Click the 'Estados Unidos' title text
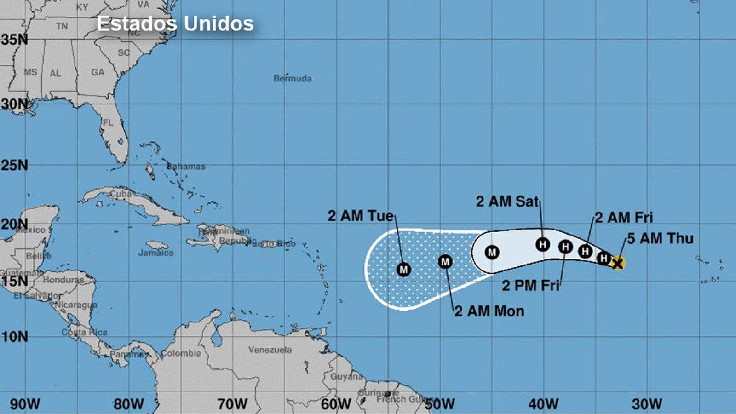[175, 24]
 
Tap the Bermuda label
[293, 79]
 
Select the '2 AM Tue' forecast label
[361, 216]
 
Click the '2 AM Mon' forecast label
[489, 311]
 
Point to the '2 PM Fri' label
[530, 286]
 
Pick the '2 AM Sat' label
[507, 201]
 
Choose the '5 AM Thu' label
[660, 238]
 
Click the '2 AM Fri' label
[624, 217]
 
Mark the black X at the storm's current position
[618, 263]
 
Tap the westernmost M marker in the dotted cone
[403, 270]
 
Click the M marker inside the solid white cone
[492, 252]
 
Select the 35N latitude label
[14, 40]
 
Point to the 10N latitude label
[14, 337]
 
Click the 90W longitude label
[25, 404]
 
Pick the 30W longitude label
[647, 404]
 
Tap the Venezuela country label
[270, 350]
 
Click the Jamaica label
[156, 253]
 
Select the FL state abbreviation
[108, 123]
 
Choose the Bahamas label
[186, 167]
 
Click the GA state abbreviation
[98, 72]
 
